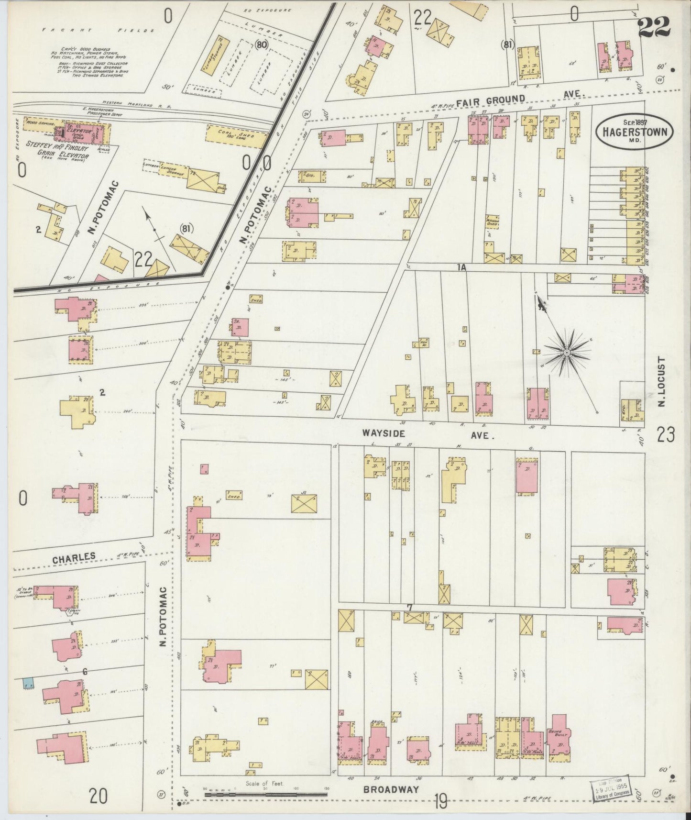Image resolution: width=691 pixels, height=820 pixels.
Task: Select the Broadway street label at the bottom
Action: [391, 789]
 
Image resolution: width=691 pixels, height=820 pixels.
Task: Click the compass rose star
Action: [567, 353]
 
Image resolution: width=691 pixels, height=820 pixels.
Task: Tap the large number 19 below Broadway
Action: [440, 801]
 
